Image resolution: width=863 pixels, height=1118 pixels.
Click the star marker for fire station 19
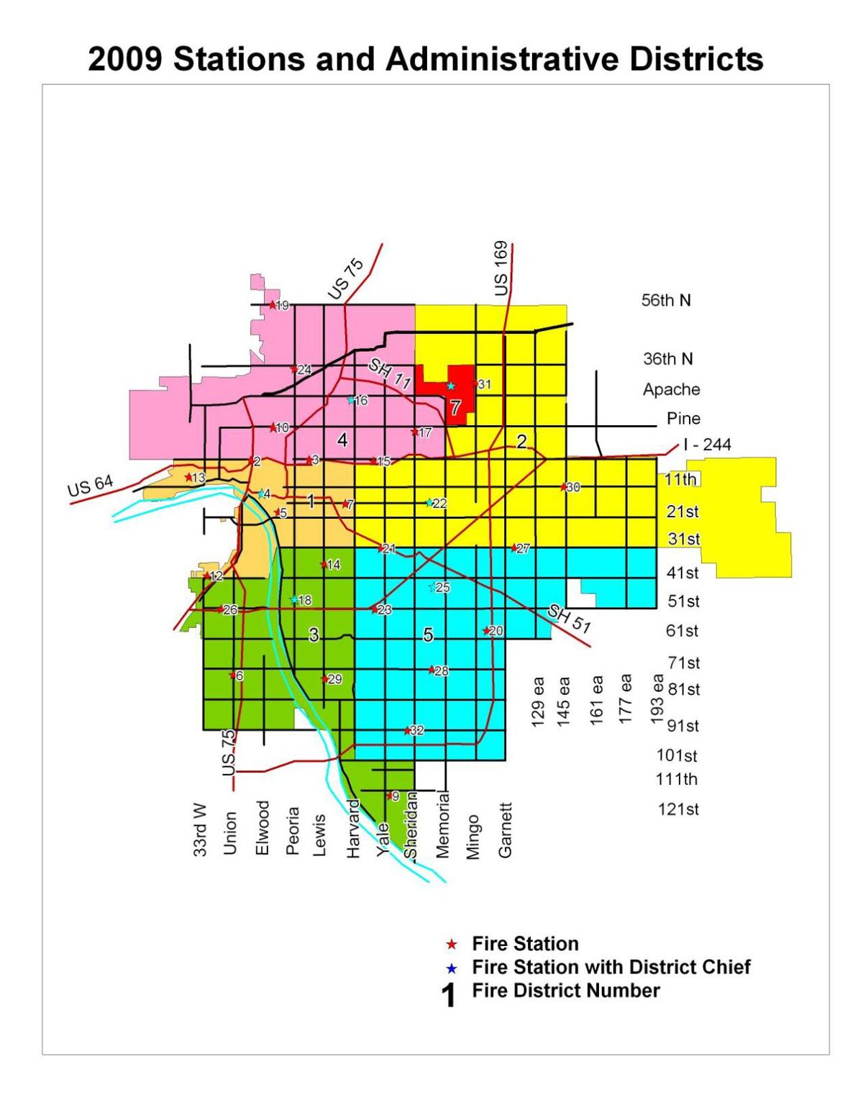click(272, 305)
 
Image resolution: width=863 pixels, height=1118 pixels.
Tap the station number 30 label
click(573, 487)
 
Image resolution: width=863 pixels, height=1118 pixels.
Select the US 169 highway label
click(501, 268)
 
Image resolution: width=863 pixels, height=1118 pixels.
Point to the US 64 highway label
click(91, 486)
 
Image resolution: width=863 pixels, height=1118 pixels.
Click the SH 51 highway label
click(569, 619)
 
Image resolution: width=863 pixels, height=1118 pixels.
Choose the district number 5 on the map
click(429, 635)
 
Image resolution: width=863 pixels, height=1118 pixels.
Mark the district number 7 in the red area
click(455, 408)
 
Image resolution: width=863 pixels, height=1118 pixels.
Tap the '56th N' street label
click(666, 301)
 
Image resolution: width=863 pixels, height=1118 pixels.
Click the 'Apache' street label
click(671, 389)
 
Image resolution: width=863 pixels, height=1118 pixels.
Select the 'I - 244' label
click(707, 445)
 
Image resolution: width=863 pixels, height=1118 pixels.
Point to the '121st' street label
click(678, 809)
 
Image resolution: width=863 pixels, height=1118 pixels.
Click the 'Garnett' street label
click(506, 830)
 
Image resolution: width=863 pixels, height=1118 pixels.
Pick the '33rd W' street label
click(201, 830)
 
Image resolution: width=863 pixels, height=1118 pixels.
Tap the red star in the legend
click(452, 944)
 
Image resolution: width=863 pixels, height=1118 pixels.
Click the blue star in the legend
click(452, 968)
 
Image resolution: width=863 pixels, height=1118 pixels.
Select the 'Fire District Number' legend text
click(565, 991)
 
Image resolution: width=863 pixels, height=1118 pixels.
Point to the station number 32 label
click(417, 731)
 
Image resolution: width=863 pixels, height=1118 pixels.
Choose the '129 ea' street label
click(538, 701)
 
